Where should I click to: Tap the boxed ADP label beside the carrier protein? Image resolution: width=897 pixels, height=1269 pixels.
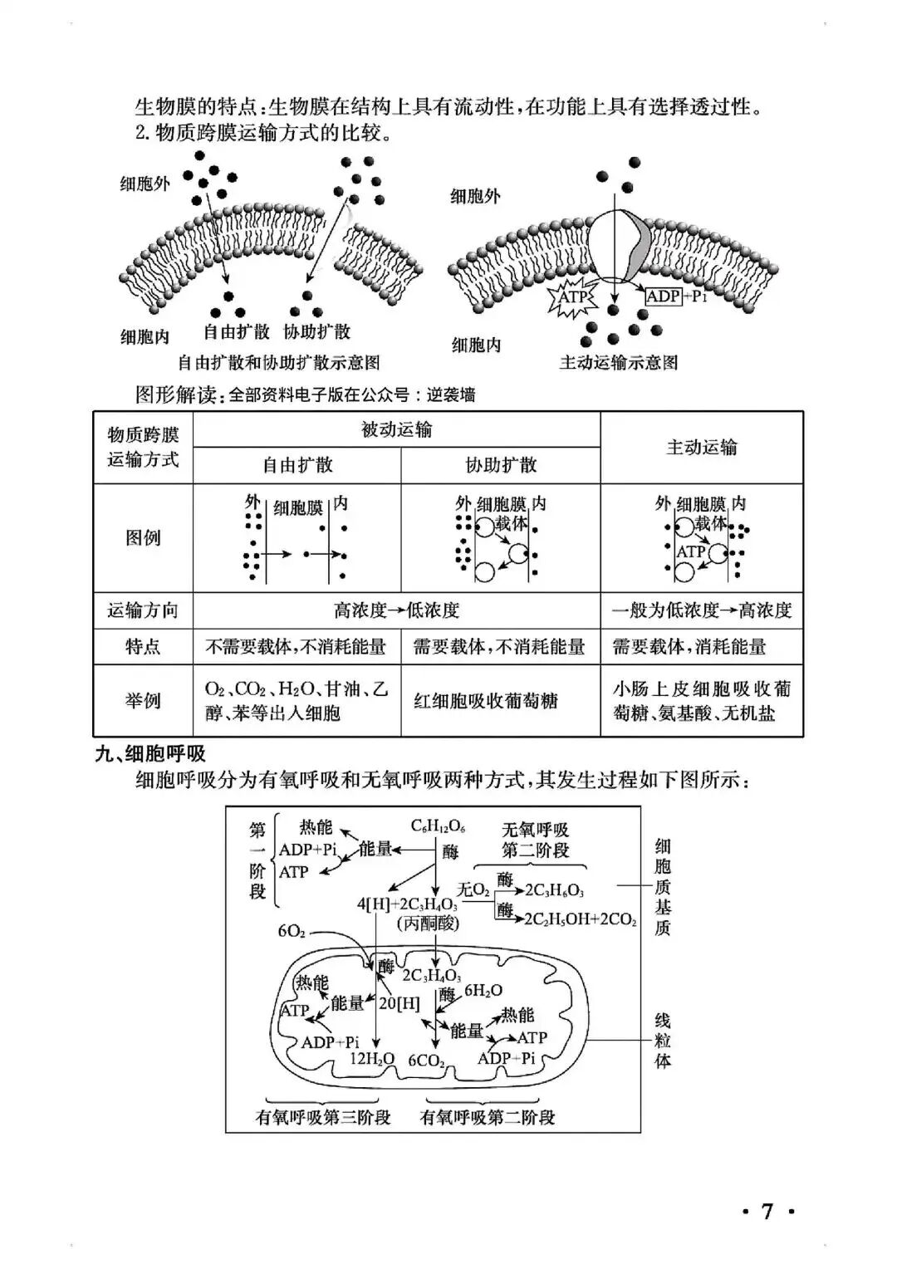click(664, 296)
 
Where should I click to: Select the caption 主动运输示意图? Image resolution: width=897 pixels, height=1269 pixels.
click(619, 362)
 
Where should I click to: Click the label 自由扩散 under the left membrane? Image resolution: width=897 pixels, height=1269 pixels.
click(237, 331)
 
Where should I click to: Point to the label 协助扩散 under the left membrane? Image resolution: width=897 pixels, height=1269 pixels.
click(317, 331)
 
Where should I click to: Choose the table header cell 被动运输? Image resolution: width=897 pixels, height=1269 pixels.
click(396, 429)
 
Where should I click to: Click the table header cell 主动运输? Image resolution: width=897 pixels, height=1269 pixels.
click(701, 447)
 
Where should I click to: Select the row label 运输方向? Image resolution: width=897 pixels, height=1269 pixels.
click(143, 610)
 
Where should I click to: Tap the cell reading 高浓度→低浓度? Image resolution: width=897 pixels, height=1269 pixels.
click(396, 610)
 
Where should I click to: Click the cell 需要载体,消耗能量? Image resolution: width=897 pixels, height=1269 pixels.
click(689, 646)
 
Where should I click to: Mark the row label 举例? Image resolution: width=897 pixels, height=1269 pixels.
click(143, 700)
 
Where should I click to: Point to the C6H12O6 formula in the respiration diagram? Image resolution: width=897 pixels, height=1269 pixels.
click(438, 826)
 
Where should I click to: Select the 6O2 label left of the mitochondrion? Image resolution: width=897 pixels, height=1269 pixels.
click(292, 931)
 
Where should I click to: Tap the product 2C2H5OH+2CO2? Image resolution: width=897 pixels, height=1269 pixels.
click(580, 919)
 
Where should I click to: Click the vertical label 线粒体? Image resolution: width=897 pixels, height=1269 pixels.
click(662, 1041)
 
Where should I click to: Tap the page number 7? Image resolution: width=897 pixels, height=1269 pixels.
click(767, 1212)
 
